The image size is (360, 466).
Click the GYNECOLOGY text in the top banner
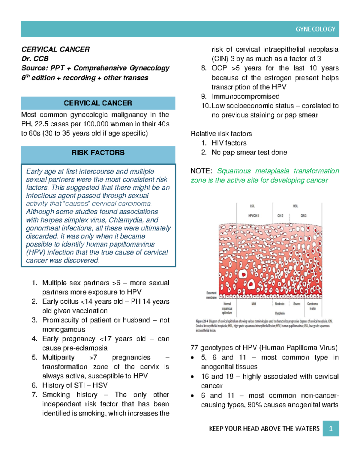click(315, 29)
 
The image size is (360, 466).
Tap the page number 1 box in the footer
click(331, 428)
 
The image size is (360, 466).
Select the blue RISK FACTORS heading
click(98, 153)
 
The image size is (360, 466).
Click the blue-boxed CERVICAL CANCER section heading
click(98, 103)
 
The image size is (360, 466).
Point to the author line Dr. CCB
click(35, 59)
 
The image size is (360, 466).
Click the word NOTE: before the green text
click(201, 171)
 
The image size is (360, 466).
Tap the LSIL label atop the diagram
click(252, 206)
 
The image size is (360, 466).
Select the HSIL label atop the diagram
click(295, 206)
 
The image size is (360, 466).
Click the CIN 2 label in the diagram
click(280, 216)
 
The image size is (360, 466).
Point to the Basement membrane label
click(211, 295)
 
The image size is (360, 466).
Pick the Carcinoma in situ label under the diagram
click(312, 306)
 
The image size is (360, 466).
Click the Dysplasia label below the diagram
click(280, 313)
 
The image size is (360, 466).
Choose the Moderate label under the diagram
click(280, 304)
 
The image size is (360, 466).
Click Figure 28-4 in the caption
click(204, 321)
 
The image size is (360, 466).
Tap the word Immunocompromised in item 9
click(245, 97)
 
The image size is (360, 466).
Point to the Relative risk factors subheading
click(221, 134)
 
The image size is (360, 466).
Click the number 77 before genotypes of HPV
click(194, 348)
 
